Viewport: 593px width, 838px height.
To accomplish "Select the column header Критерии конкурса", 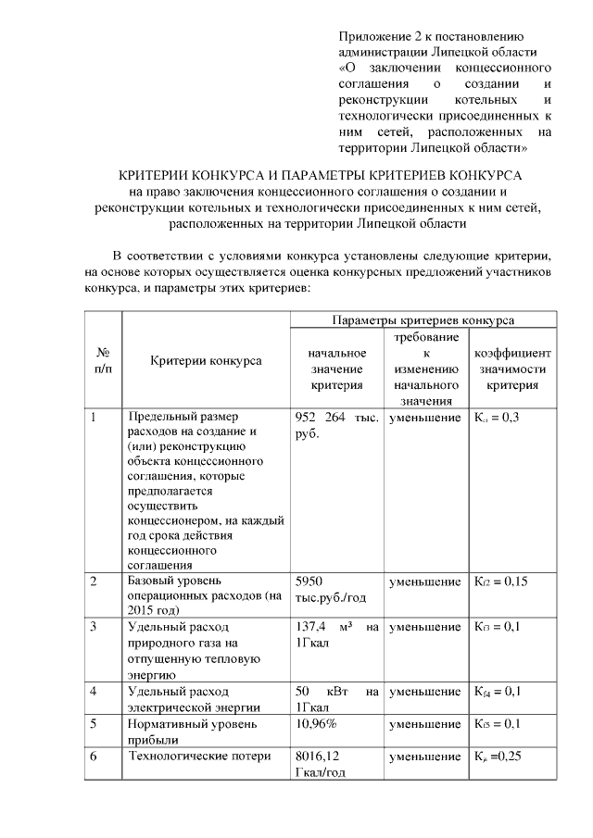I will tap(206, 360).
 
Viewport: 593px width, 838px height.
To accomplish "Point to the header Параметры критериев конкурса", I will tap(423, 319).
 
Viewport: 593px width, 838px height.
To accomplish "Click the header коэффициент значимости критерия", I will tap(512, 369).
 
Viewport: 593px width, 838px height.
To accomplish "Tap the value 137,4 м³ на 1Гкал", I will tap(335, 635).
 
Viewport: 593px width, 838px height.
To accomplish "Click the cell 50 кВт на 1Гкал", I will tap(335, 699).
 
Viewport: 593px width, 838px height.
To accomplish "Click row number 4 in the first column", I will tap(94, 692).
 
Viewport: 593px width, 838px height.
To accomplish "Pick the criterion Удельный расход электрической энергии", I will tap(193, 699).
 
